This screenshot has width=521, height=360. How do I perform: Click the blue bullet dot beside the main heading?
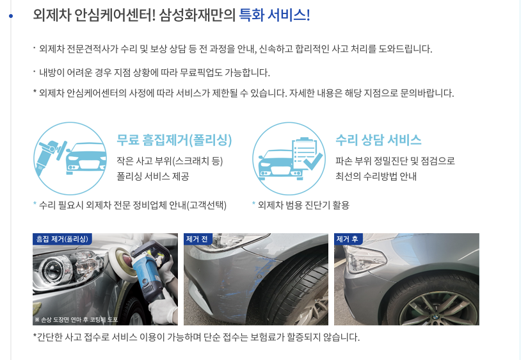pyautogui.click(x=11, y=15)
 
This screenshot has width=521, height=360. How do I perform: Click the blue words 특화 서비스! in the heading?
pyautogui.click(x=275, y=15)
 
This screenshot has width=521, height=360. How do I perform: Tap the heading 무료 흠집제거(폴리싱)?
pyautogui.click(x=174, y=140)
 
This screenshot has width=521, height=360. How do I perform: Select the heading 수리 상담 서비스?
pyautogui.click(x=378, y=140)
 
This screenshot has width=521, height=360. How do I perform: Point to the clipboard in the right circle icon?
pyautogui.click(x=305, y=154)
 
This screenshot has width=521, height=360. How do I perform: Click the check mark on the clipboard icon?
pyautogui.click(x=312, y=161)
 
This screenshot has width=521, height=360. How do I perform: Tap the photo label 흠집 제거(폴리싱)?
pyautogui.click(x=62, y=239)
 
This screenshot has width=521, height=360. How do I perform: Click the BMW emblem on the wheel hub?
pyautogui.click(x=435, y=320)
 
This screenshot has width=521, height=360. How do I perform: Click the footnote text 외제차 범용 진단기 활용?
pyautogui.click(x=303, y=205)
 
